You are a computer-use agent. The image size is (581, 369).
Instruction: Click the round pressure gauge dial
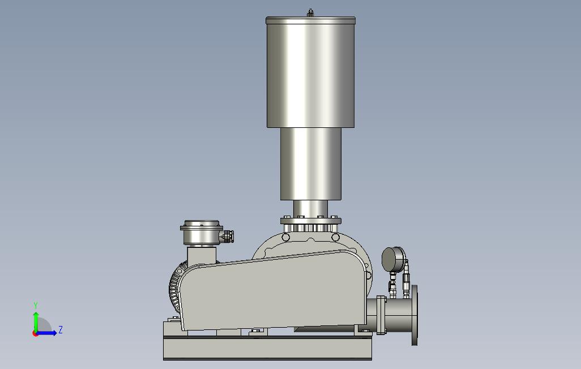394,259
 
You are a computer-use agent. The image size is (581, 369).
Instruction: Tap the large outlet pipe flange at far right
415,315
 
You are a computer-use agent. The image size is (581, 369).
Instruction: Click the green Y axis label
36,305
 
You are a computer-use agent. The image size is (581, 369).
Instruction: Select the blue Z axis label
61,329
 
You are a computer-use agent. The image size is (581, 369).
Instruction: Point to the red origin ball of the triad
35,334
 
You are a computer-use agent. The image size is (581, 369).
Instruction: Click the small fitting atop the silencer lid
310,14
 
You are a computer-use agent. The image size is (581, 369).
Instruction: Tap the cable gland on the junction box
228,236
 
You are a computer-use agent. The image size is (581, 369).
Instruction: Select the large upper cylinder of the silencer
310,72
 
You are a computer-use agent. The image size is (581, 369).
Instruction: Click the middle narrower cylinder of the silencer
310,164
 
